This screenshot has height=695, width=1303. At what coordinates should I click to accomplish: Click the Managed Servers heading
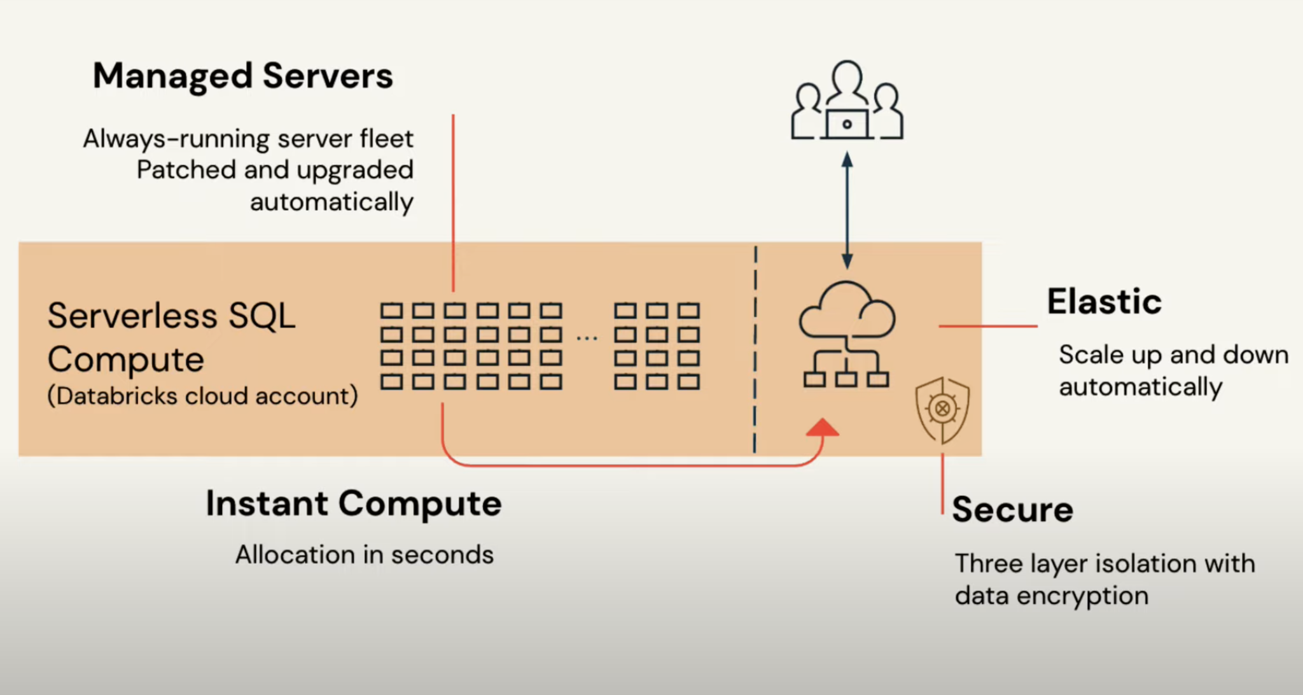pyautogui.click(x=242, y=76)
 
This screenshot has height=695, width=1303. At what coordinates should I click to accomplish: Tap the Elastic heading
pyautogui.click(x=1104, y=302)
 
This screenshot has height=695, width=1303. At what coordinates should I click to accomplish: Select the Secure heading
pyautogui.click(x=1012, y=510)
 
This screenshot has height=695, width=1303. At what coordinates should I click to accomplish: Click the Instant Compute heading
pyautogui.click(x=354, y=503)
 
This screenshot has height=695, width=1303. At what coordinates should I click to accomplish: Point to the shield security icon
pyautogui.click(x=942, y=410)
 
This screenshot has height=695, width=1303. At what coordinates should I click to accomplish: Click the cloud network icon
pyautogui.click(x=847, y=334)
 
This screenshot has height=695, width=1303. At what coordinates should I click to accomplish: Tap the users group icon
pyautogui.click(x=847, y=101)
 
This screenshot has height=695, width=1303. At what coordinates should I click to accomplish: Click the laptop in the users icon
pyautogui.click(x=847, y=124)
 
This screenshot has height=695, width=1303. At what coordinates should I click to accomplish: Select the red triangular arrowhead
pyautogui.click(x=823, y=428)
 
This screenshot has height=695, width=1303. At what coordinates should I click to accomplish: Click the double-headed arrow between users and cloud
pyautogui.click(x=847, y=210)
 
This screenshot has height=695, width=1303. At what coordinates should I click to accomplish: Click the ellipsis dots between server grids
pyautogui.click(x=587, y=338)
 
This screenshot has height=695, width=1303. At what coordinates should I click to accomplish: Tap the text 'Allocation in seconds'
pyautogui.click(x=365, y=555)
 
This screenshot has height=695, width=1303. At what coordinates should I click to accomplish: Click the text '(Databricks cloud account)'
pyautogui.click(x=202, y=396)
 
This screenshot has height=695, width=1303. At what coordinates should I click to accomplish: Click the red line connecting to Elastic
pyautogui.click(x=987, y=326)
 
